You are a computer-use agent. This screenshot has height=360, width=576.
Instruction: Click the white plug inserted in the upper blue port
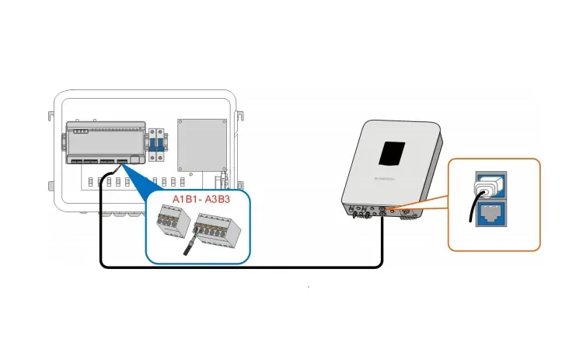(488, 187)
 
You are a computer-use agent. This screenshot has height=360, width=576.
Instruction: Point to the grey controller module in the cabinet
(105, 141)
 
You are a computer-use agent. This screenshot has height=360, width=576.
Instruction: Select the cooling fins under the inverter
(405, 216)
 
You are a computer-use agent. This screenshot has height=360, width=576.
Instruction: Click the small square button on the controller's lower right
(135, 159)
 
